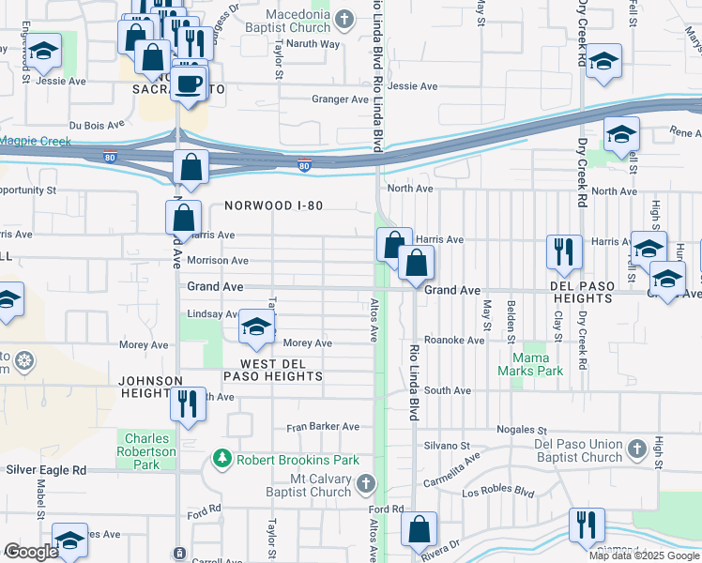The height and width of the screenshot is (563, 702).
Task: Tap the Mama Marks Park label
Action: click(x=537, y=364)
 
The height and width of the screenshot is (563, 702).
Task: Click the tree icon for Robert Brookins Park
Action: click(x=222, y=459)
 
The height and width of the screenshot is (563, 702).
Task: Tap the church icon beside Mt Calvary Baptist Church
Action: click(x=366, y=485)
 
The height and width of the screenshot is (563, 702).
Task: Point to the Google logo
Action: click(x=31, y=553)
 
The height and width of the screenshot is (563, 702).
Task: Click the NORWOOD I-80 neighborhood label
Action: click(x=272, y=205)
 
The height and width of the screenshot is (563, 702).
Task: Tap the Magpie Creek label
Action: click(x=35, y=141)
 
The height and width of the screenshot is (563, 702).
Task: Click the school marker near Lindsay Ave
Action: click(x=255, y=327)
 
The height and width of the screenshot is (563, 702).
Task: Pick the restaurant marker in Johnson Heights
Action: click(x=187, y=404)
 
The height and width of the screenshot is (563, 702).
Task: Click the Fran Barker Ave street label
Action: click(x=323, y=426)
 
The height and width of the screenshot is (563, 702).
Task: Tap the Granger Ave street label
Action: click(x=340, y=99)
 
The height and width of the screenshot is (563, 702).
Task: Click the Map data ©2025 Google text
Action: click(x=643, y=555)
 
